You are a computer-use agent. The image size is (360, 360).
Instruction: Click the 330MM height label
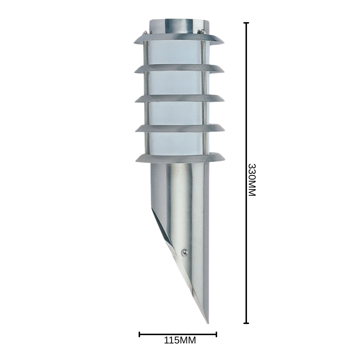point(252,180)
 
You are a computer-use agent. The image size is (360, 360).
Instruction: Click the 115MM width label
point(180,340)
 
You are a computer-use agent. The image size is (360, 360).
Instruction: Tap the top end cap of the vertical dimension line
point(246,23)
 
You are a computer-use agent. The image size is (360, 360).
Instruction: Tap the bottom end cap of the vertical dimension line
point(246,323)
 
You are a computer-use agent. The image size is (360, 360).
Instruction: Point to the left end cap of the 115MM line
point(140,334)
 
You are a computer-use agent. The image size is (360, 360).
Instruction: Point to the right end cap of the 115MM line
point(216,334)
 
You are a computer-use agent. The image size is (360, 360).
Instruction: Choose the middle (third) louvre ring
point(179,98)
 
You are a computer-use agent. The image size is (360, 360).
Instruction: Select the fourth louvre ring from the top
point(179,128)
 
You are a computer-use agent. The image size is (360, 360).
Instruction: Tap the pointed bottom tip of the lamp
point(207,321)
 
